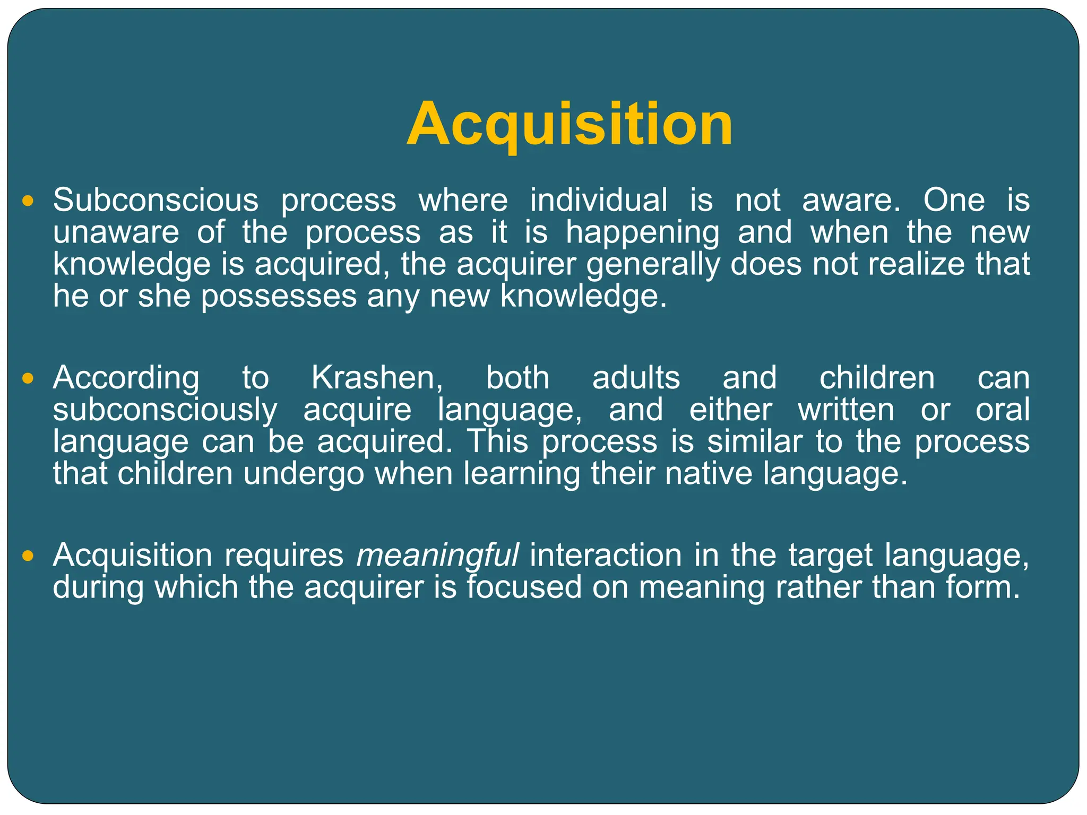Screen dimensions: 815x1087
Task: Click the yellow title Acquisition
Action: (x=570, y=125)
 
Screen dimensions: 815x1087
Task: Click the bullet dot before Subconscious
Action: (x=28, y=201)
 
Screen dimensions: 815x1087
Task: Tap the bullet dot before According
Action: (x=28, y=378)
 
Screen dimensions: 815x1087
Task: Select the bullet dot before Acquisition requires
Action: (x=28, y=556)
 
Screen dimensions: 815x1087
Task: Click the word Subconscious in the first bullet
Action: (x=156, y=201)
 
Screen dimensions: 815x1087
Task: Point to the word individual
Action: (x=599, y=201)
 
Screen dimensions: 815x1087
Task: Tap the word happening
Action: (x=643, y=233)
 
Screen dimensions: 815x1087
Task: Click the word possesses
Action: (x=279, y=296)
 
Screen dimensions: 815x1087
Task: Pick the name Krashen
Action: (x=376, y=378)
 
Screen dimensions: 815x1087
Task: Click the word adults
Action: (x=636, y=378)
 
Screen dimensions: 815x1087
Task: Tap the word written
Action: (x=846, y=410)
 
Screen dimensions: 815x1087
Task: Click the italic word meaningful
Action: (x=437, y=556)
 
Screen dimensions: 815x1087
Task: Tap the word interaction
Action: (x=606, y=556)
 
